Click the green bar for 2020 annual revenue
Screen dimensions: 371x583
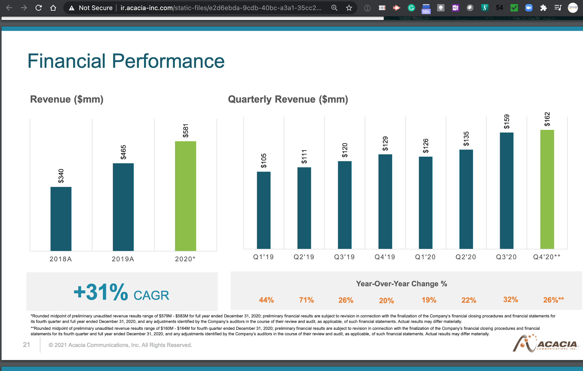coord(185,196)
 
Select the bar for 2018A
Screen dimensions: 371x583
coord(61,219)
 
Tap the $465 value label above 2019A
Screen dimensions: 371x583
coord(123,152)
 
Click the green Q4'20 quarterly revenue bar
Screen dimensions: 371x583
coord(547,189)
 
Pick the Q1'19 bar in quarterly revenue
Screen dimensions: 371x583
coord(264,210)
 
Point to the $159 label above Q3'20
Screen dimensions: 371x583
coord(507,122)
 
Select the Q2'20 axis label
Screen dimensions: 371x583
coord(466,257)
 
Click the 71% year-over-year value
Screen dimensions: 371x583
coord(306,300)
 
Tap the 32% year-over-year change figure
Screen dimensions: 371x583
coord(510,299)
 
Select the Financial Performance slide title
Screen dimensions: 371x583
coord(126,61)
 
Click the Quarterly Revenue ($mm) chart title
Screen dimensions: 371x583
coord(288,99)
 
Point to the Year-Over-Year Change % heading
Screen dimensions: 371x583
coord(401,284)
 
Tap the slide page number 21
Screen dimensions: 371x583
coord(26,345)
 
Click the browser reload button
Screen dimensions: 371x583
coord(38,8)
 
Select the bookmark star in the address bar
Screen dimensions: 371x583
coord(349,8)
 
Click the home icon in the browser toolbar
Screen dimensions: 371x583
coord(53,8)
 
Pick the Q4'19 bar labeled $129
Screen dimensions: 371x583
coord(385,202)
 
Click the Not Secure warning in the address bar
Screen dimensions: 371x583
coord(91,8)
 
